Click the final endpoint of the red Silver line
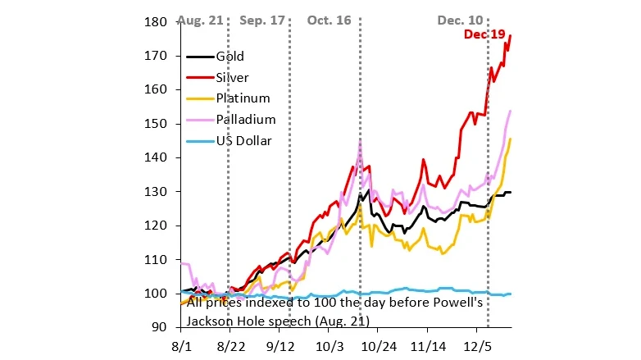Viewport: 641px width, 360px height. [511, 36]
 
